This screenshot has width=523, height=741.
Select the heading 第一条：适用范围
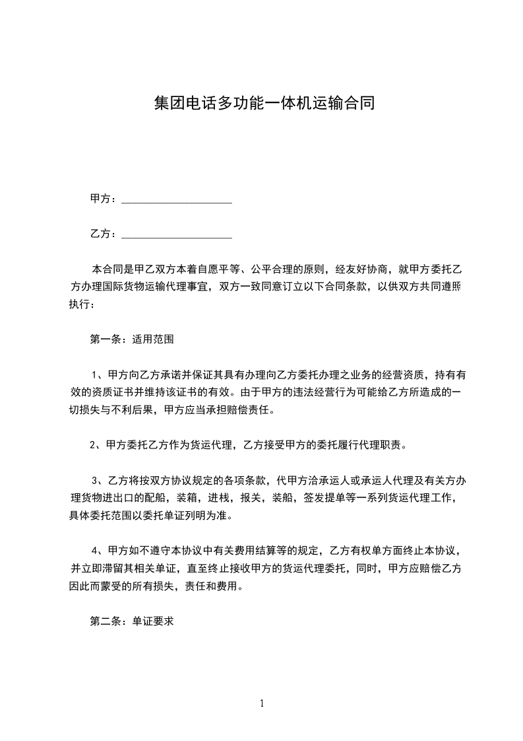131,339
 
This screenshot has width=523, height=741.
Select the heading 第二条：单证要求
131,621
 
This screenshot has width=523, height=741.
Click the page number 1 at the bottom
262,703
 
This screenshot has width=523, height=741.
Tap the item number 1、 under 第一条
98,375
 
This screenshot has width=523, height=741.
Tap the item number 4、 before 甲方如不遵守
98,550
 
